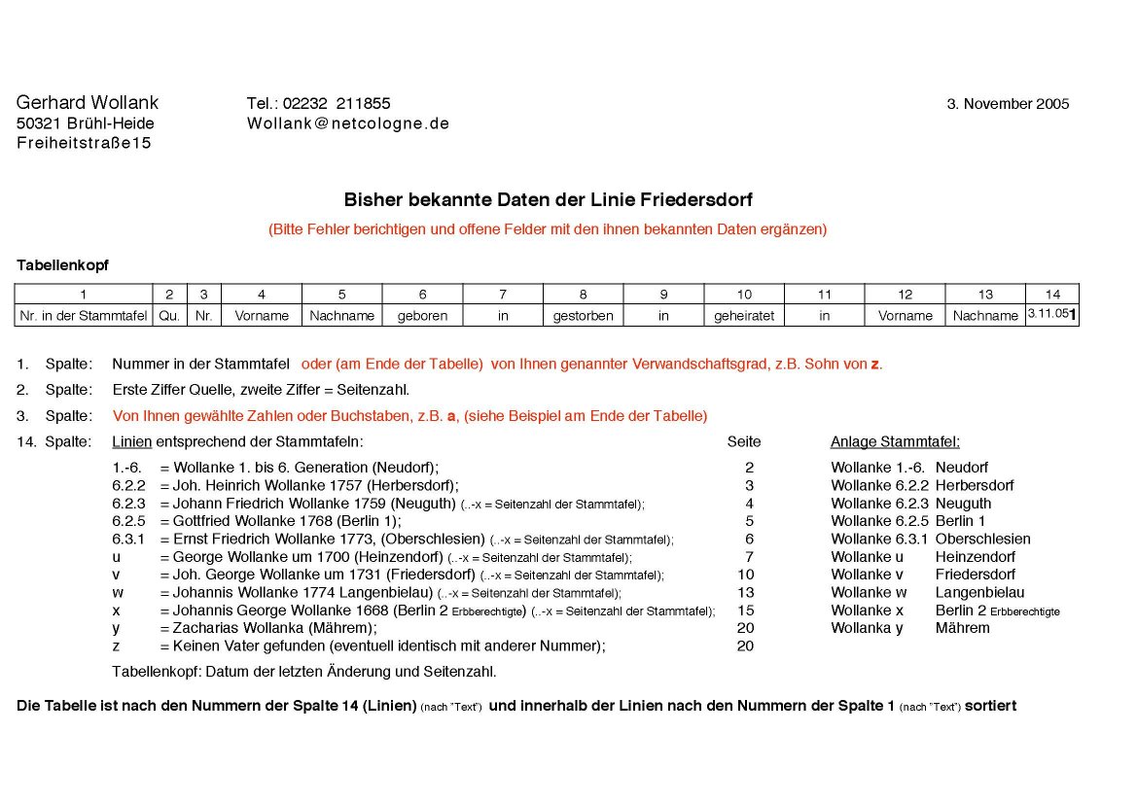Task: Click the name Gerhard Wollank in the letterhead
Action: (x=88, y=103)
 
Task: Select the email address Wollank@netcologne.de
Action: (x=347, y=123)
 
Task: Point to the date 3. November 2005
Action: (x=1008, y=104)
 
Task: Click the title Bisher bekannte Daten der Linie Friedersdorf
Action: (x=548, y=200)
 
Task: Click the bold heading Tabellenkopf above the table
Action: (x=62, y=264)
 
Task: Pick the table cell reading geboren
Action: (x=422, y=316)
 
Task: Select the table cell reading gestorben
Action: (x=583, y=316)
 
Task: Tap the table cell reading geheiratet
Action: (x=743, y=316)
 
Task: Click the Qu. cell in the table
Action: (x=169, y=316)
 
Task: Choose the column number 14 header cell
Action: (x=1052, y=295)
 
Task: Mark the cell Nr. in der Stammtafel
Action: (x=84, y=316)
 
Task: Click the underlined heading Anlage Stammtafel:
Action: (x=895, y=442)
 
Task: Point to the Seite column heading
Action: (x=744, y=442)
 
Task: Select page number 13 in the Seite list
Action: (x=745, y=592)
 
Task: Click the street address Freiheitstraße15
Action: (x=84, y=144)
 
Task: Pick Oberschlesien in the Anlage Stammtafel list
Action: (x=982, y=539)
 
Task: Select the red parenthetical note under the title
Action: (x=548, y=229)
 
